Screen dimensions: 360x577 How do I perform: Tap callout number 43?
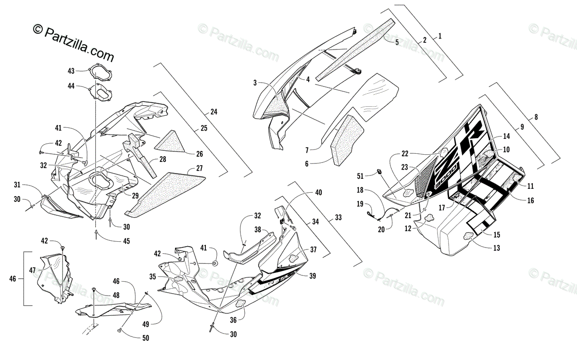tap(71, 71)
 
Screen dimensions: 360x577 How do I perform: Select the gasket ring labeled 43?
tap(100, 73)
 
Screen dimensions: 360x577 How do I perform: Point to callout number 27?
tap(199, 169)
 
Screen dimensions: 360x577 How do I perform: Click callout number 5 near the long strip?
tap(397, 42)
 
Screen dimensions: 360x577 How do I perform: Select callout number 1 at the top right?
tap(439, 36)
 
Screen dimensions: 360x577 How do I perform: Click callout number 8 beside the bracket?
tap(536, 117)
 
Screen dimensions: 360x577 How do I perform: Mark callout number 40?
tap(318, 193)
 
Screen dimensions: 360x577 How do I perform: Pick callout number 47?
tap(33, 271)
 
